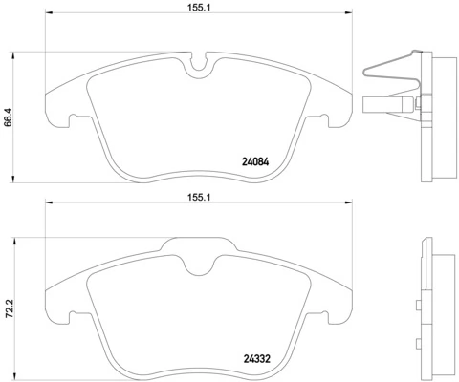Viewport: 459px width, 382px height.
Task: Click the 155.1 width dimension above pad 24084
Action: click(x=199, y=6)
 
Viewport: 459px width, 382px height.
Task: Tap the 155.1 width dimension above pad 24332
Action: click(x=199, y=194)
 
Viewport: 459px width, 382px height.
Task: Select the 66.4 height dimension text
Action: click(x=9, y=116)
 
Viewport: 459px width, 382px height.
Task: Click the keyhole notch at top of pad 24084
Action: click(x=200, y=66)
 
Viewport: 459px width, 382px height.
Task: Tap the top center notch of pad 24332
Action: click(x=200, y=255)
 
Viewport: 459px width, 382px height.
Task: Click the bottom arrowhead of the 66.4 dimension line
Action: click(x=12, y=180)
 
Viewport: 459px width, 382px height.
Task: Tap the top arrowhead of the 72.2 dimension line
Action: click(x=12, y=239)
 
